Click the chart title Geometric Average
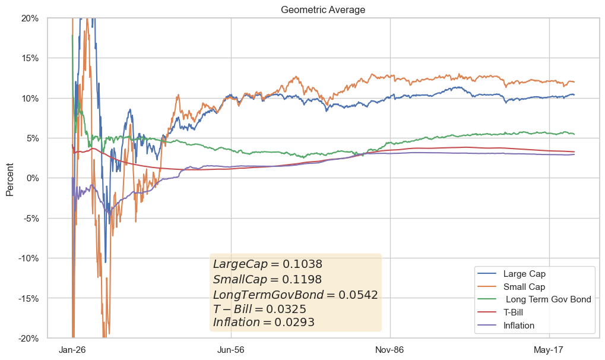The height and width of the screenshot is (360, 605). point(323,10)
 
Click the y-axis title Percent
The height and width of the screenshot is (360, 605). point(9,178)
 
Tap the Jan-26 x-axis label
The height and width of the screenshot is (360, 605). point(72,350)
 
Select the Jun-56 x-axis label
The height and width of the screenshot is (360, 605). point(231,350)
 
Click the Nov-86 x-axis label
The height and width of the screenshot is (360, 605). point(389,350)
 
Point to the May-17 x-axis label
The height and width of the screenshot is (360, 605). point(549,350)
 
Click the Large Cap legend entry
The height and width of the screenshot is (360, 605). point(524,274)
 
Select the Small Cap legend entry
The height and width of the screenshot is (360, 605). point(524,287)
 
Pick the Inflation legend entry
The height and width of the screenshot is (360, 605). point(519,326)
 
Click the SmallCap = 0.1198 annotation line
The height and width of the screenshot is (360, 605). point(267,279)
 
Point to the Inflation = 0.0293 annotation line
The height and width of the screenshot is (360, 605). point(264,323)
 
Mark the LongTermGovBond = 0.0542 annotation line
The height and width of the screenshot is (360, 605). point(295,295)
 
